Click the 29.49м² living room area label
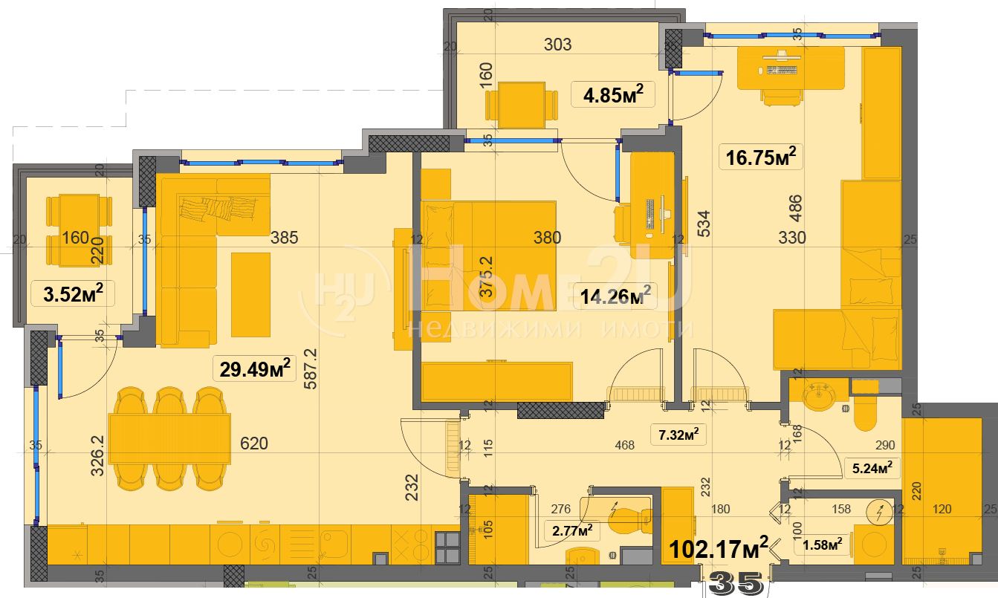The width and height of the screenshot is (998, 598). point(255,368)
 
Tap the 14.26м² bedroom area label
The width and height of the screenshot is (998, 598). point(616,296)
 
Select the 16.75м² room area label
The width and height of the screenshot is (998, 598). point(761,157)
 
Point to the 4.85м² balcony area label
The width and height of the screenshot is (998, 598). point(613,94)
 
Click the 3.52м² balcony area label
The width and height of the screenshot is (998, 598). point(73,294)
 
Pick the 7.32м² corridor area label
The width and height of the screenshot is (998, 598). point(678,435)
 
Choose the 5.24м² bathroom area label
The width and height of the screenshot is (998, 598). point(872,468)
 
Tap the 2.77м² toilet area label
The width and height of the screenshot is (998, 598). point(572,530)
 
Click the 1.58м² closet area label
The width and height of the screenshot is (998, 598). point(822,545)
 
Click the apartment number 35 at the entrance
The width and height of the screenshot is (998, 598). point(736,584)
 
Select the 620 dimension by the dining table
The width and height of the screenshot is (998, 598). point(254,443)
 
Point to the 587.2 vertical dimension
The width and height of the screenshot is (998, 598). point(311,368)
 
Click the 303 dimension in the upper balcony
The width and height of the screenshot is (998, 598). point(558,45)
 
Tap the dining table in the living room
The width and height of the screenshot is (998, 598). point(169,439)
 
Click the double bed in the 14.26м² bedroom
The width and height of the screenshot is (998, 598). point(489,256)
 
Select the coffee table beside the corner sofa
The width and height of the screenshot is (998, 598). point(250,295)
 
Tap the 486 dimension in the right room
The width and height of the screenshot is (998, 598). point(796,208)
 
